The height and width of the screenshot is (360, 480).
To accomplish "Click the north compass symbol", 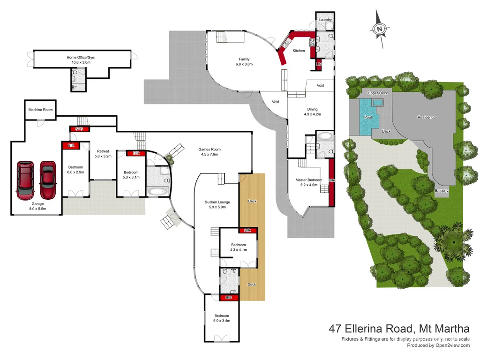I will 381,30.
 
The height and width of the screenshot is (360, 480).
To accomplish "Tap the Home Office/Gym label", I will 81,57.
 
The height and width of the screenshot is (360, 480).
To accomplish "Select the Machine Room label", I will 40,110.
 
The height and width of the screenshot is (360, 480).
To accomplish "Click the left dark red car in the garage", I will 25,180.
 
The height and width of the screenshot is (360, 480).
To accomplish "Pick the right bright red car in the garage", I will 47,180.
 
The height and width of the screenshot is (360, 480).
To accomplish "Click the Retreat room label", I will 103,151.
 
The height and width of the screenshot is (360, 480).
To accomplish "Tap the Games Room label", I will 210,150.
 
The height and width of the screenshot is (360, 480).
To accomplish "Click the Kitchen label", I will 299,51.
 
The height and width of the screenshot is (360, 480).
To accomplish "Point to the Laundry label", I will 325,20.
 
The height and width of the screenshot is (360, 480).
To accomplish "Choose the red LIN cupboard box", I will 319,64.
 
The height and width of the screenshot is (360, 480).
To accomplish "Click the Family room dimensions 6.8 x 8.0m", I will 244,64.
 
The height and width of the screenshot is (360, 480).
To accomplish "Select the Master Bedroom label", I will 308,180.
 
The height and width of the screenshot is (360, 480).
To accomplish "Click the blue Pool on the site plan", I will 368,117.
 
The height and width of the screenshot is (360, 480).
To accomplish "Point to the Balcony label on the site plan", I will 442,191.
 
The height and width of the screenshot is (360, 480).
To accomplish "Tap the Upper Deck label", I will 378,93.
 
